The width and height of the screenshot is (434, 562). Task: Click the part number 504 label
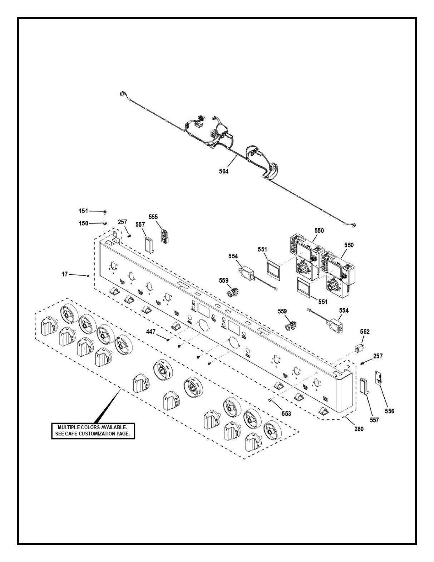pyautogui.click(x=224, y=171)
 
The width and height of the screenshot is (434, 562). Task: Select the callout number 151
pyautogui.click(x=83, y=211)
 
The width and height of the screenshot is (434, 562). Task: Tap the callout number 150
pyautogui.click(x=83, y=223)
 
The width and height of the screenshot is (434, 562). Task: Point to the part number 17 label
pyautogui.click(x=64, y=274)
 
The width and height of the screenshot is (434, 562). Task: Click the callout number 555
pyautogui.click(x=153, y=217)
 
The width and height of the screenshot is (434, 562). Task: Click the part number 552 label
pyautogui.click(x=365, y=332)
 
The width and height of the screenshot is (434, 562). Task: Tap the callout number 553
pyautogui.click(x=286, y=414)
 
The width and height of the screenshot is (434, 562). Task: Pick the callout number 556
pyautogui.click(x=389, y=411)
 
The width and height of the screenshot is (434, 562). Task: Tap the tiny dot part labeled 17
pyautogui.click(x=88, y=275)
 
